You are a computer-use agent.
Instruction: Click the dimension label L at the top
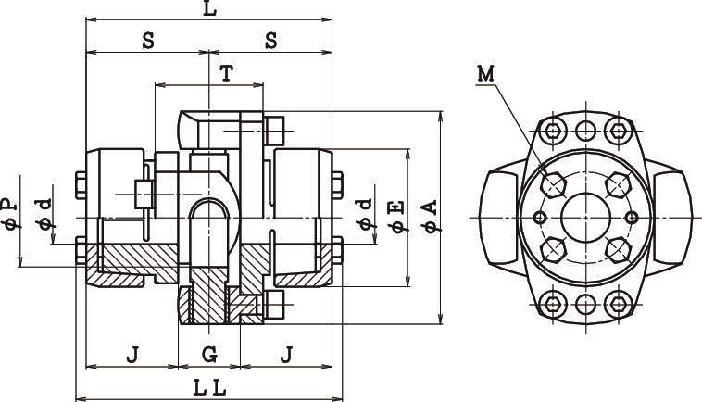tap(209, 9)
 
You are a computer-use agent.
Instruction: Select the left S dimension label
tap(147, 42)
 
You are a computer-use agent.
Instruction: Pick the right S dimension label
tap(270, 42)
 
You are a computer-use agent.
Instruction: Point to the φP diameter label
tap(8, 215)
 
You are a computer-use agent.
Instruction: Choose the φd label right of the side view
tap(365, 212)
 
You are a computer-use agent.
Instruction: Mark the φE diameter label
tap(396, 215)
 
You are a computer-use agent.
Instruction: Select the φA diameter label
tap(429, 215)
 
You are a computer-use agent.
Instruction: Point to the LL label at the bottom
tap(209, 389)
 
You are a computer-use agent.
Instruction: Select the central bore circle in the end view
tap(585, 217)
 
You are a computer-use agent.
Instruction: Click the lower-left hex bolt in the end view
tap(554, 247)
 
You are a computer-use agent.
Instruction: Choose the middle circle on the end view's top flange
tap(585, 129)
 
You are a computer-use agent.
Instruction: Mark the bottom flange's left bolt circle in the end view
tap(554, 303)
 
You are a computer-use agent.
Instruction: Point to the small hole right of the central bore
tap(632, 217)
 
